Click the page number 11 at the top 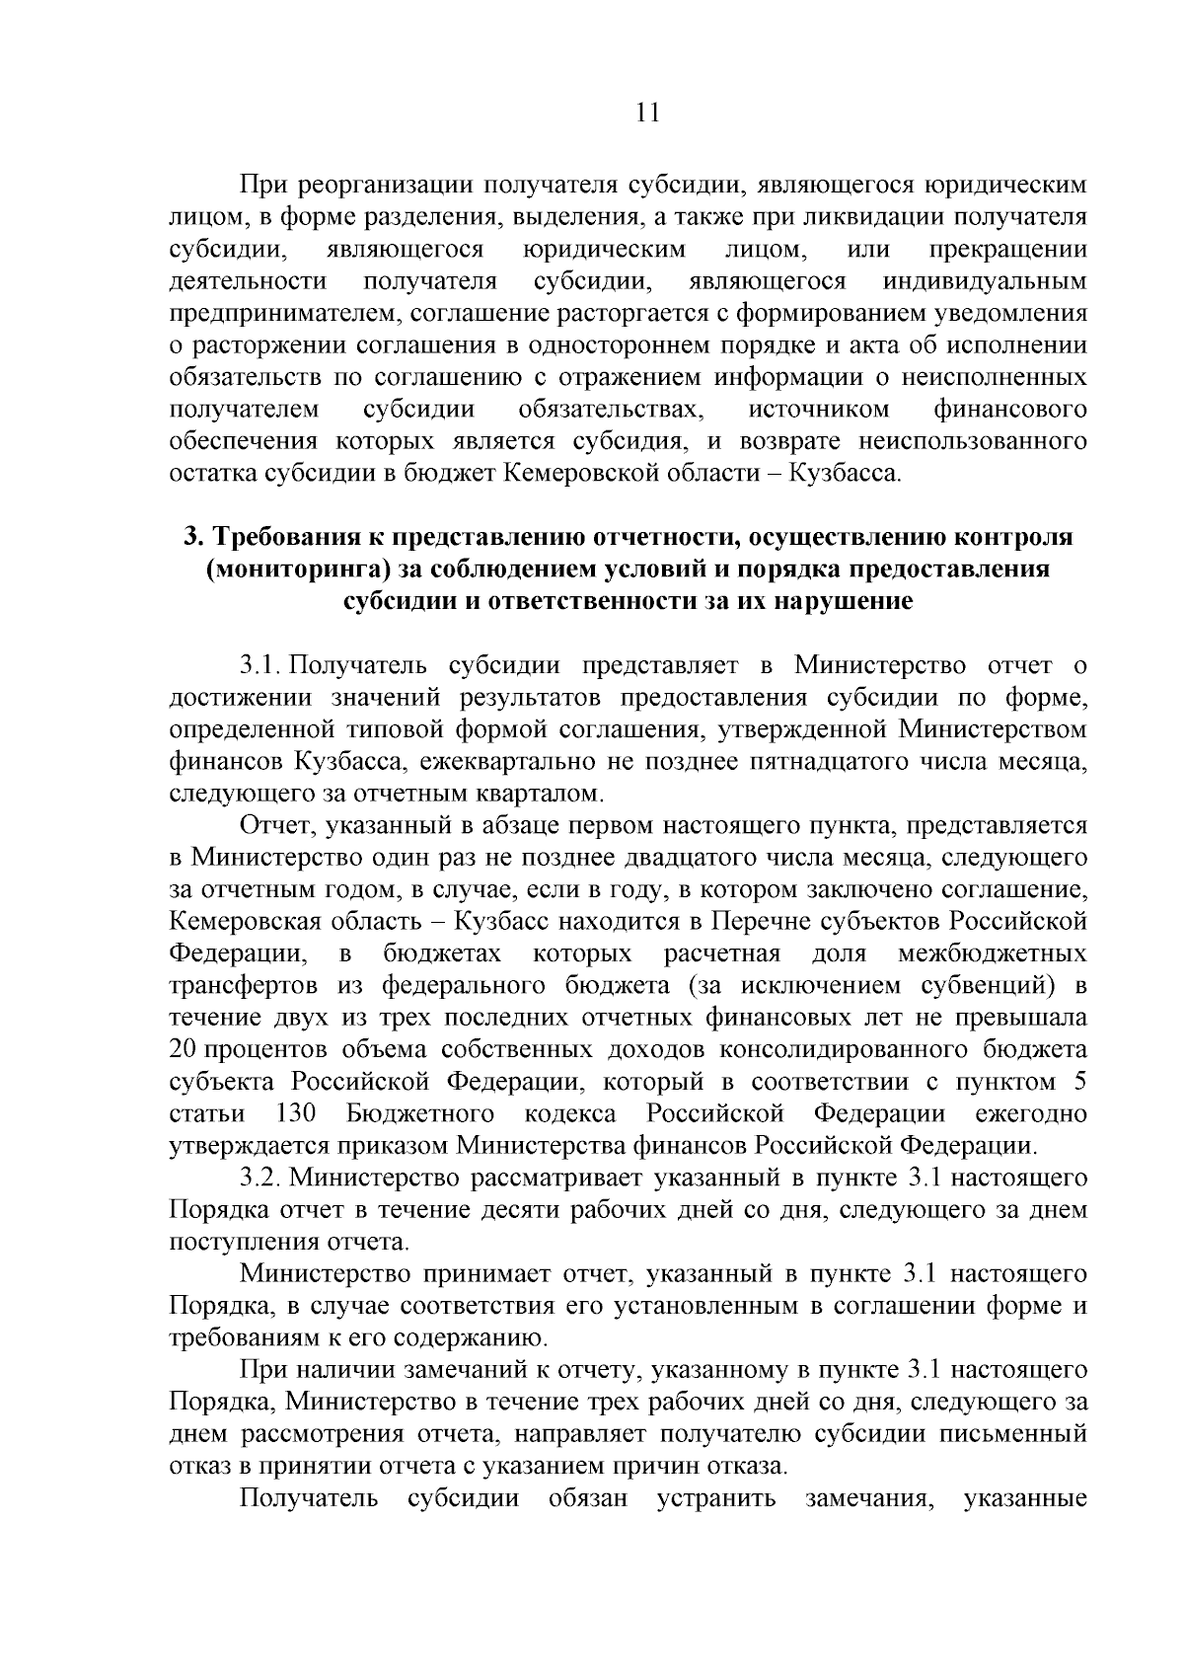pyautogui.click(x=646, y=112)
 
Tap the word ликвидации pyautogui.click(x=857, y=216)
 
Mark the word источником pyautogui.click(x=819, y=409)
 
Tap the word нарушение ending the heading pyautogui.click(x=841, y=601)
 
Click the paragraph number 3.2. pyautogui.click(x=260, y=1178)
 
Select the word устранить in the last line pyautogui.click(x=716, y=1497)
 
